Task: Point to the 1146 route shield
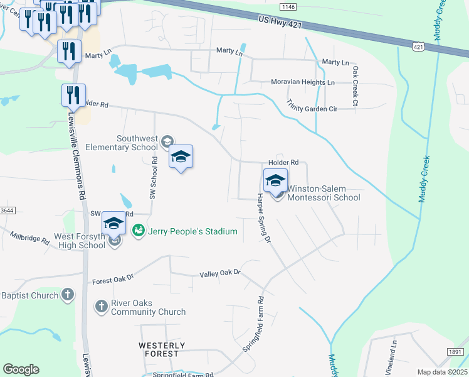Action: click(288, 6)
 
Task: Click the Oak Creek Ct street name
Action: click(355, 85)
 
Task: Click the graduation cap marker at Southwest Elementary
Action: click(181, 157)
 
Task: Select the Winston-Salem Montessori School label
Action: click(324, 193)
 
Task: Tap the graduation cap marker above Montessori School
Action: click(275, 181)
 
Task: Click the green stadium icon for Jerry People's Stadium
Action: click(139, 231)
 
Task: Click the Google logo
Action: click(21, 369)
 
